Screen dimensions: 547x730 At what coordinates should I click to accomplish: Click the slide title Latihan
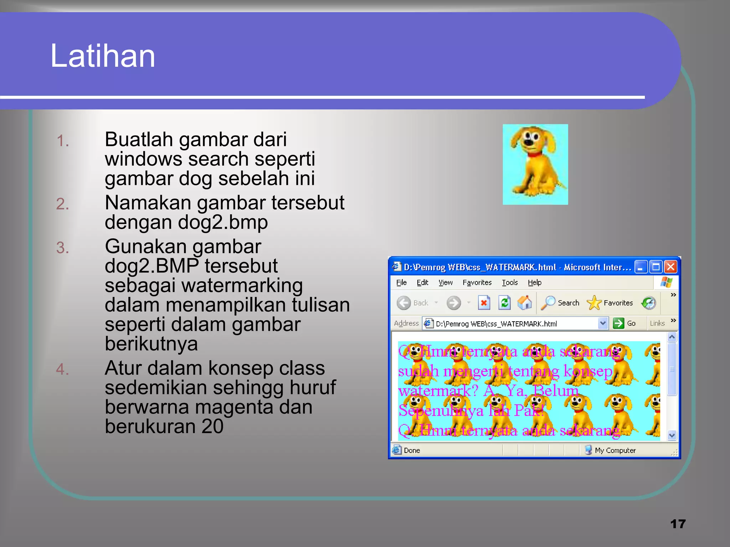[103, 56]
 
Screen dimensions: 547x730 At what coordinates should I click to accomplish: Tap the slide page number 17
[678, 524]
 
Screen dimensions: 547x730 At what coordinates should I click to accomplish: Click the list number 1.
[63, 141]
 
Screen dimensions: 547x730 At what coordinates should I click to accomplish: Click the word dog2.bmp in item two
[222, 223]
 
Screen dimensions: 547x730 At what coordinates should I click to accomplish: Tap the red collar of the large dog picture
[533, 155]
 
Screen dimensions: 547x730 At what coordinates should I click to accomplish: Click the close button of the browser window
[670, 267]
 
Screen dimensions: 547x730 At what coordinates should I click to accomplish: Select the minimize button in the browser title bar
[641, 267]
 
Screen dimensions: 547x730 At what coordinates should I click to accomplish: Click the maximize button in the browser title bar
[656, 267]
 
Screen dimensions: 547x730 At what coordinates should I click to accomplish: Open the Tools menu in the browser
[510, 282]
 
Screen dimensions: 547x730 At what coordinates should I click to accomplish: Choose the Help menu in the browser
[534, 282]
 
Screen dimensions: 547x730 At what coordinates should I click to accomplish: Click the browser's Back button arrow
[404, 303]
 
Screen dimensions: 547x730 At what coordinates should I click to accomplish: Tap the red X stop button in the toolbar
[484, 303]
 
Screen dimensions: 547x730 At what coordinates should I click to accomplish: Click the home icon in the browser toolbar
[525, 303]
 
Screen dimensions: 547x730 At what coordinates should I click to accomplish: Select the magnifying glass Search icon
[548, 303]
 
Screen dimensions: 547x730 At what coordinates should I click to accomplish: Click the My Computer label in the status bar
[615, 450]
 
